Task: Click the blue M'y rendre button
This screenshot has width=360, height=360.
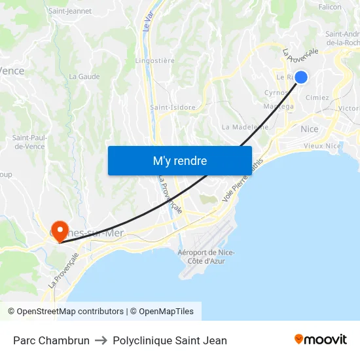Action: point(179,160)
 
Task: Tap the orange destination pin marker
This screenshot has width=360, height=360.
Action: point(60,229)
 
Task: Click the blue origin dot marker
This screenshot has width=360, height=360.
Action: point(301,77)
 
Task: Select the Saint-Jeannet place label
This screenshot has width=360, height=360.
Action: point(70,11)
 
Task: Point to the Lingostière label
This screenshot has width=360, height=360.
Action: point(154,61)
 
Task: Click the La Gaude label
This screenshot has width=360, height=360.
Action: point(84,77)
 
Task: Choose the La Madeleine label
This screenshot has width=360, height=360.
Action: point(245,127)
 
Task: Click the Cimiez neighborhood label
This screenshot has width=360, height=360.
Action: point(317,98)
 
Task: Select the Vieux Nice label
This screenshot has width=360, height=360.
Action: point(322,146)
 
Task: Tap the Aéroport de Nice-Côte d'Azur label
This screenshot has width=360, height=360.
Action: point(206,257)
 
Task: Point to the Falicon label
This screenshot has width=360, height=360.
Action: point(330,7)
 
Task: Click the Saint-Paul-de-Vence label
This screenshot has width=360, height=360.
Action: point(29,142)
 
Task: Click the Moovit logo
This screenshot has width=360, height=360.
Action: point(320,340)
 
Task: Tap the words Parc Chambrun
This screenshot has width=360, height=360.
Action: point(51,340)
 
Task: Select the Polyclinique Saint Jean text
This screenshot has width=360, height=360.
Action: point(170,340)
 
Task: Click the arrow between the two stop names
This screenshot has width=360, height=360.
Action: point(101,340)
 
